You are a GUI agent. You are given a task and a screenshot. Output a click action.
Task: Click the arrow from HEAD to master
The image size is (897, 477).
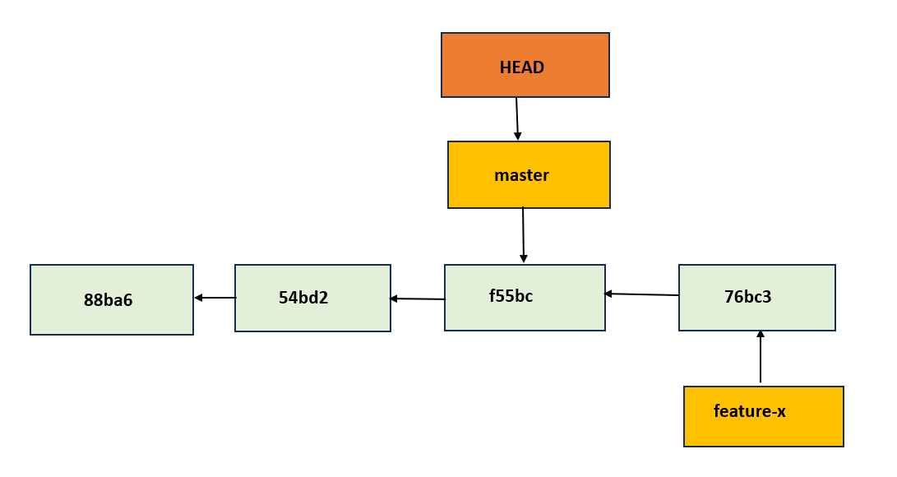coord(517,118)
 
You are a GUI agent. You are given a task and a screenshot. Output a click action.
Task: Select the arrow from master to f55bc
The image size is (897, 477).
coord(523,235)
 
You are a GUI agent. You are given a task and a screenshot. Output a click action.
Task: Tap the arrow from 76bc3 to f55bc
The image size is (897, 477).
coord(641,294)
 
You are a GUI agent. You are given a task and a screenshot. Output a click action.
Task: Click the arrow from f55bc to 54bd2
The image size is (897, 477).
coord(418,299)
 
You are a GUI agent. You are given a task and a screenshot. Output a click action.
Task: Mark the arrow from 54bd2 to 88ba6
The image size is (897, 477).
coord(215,298)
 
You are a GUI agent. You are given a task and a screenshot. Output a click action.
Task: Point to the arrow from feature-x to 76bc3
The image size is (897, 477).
coord(761,357)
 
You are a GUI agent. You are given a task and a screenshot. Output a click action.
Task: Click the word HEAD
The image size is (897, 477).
coord(522,67)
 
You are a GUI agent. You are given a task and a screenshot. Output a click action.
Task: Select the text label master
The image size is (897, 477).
coord(521,175)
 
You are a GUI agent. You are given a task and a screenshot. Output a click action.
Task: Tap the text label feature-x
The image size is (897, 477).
coord(749,411)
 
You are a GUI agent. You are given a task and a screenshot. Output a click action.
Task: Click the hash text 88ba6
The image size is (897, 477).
coord(108,300)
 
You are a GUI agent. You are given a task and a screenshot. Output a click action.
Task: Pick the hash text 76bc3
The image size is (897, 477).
coord(747,297)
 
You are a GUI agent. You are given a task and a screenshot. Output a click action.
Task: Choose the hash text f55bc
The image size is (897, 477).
coord(511,296)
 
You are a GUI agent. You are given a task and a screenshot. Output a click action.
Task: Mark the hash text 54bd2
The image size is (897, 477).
coord(303,298)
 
